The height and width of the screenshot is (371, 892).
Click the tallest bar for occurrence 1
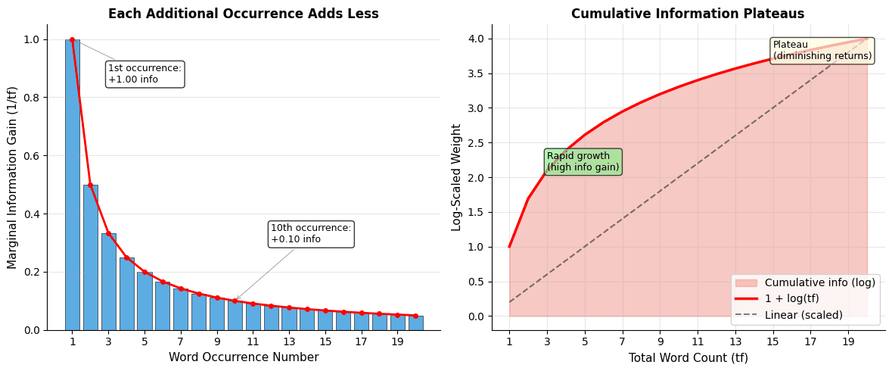point(72,185)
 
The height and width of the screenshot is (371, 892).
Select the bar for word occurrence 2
point(90,257)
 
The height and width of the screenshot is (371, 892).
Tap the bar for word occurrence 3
point(108,282)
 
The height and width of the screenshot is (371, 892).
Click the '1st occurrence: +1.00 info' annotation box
point(145,74)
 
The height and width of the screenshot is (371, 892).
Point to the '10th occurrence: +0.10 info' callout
point(310,234)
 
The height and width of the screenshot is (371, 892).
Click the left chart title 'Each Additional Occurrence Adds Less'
point(243,14)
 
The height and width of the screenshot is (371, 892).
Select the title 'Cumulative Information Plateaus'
point(687,14)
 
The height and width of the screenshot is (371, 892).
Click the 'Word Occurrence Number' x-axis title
point(243,357)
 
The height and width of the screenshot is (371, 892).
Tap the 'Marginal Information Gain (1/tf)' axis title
point(13,177)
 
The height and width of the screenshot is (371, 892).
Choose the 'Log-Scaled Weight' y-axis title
point(457,177)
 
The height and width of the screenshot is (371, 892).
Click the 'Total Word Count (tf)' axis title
point(687,357)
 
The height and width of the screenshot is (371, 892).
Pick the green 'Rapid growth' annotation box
point(583,162)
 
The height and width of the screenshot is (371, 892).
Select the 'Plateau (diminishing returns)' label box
point(822,51)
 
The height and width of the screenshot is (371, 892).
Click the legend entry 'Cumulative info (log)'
point(819,282)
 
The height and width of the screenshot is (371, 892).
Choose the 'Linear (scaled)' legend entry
point(803,315)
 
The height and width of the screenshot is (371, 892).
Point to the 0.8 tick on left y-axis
point(31,98)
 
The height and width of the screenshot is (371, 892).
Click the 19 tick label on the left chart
point(398,341)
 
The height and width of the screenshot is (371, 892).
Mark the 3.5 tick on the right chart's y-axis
point(477,73)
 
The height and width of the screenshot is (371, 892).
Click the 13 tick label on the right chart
point(735,341)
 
